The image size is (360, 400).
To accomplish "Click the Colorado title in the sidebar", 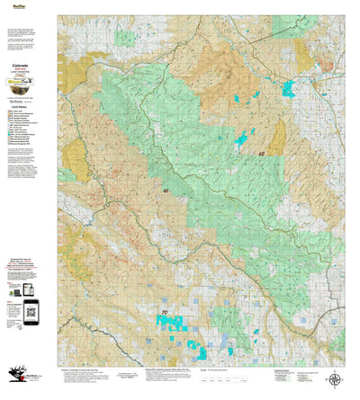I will (20, 66).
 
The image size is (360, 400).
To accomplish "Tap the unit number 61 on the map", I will (166, 191).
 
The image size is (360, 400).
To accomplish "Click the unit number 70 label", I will (164, 312).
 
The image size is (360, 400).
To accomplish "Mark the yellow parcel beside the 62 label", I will (275, 139).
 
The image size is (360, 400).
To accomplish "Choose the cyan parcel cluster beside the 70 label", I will (175, 323).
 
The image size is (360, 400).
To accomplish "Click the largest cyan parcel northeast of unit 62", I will (288, 88).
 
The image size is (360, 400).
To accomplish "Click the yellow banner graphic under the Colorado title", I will (20, 83).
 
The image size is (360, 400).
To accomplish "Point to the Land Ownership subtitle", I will (20, 73).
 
